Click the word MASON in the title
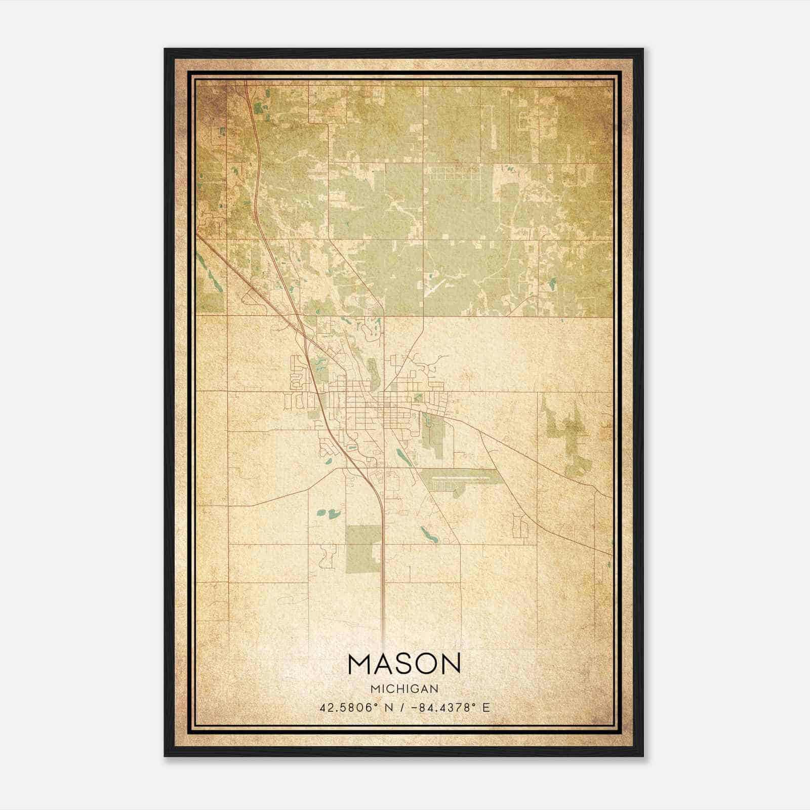[x=404, y=664]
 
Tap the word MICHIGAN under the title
[x=404, y=688]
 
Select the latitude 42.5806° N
[x=353, y=708]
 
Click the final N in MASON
[x=450, y=664]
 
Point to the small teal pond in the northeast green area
[x=552, y=282]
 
